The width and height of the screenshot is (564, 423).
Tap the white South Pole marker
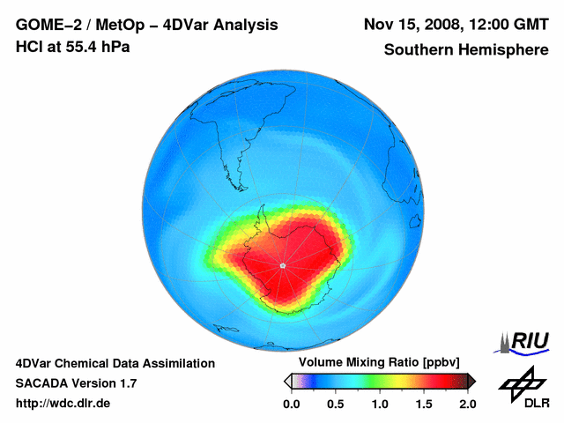click(x=282, y=265)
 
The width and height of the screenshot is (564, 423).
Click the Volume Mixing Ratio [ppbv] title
click(x=375, y=363)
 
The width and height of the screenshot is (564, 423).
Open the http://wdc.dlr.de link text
click(x=63, y=404)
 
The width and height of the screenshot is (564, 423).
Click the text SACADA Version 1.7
click(x=76, y=383)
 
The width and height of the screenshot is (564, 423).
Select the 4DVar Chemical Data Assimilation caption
click(x=115, y=363)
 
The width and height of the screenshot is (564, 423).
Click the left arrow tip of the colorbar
click(x=286, y=381)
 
